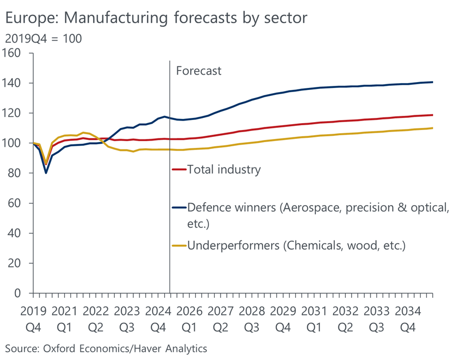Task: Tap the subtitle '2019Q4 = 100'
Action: click(x=43, y=39)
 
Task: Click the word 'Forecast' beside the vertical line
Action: click(x=198, y=71)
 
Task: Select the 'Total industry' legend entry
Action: click(x=224, y=169)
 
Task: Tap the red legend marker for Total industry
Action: click(x=179, y=169)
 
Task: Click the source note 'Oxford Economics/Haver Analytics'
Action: click(x=106, y=348)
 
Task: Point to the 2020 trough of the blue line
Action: click(x=46, y=173)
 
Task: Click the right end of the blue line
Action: click(x=433, y=82)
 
